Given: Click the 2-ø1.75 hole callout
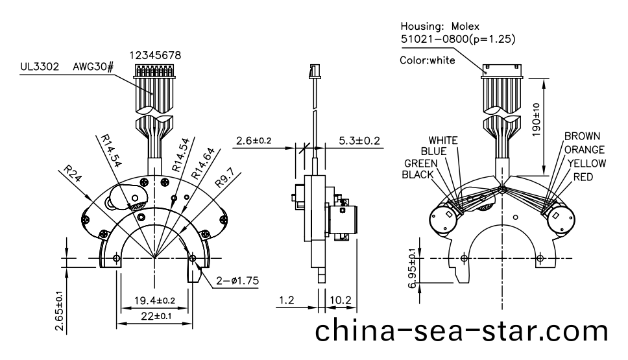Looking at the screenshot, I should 237,281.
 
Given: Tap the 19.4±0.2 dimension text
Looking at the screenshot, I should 154,300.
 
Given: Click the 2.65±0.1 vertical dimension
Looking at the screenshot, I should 59,311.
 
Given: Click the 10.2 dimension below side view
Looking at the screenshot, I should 342,300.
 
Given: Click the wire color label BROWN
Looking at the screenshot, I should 582,137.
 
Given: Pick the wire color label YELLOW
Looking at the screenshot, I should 586,163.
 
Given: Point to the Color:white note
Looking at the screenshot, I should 428,60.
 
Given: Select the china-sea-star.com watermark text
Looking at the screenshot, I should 461,331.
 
